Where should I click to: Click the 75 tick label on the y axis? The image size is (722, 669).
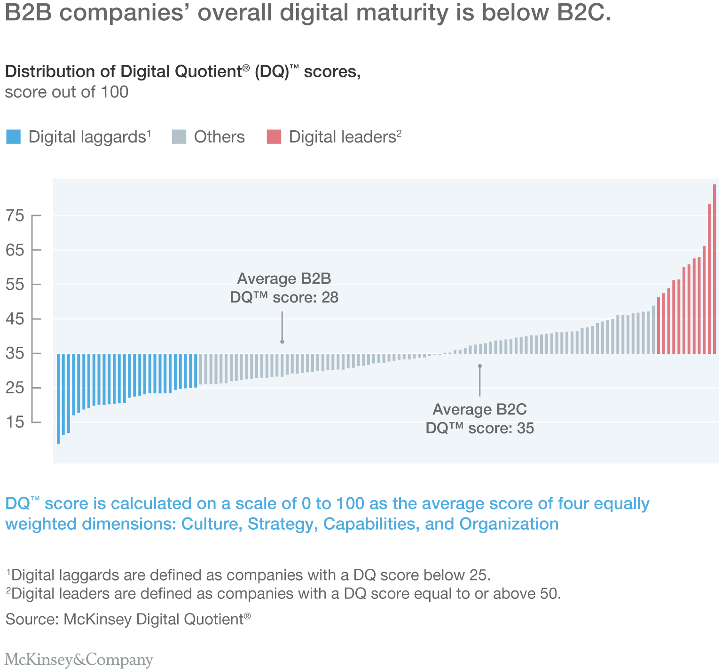[x=15, y=216]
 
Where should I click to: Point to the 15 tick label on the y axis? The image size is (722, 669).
[x=15, y=422]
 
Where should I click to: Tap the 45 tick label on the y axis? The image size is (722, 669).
[x=15, y=319]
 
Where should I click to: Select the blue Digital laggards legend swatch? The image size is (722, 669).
[x=13, y=137]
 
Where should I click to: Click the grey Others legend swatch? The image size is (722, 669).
[x=179, y=137]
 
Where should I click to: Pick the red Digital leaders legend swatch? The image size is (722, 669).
[x=274, y=137]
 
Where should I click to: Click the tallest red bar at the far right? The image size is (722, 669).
[x=714, y=268]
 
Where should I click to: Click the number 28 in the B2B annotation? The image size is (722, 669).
[x=330, y=297]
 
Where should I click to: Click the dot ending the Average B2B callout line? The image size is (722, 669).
[x=282, y=342]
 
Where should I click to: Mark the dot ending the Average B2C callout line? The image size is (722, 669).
[x=479, y=366]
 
